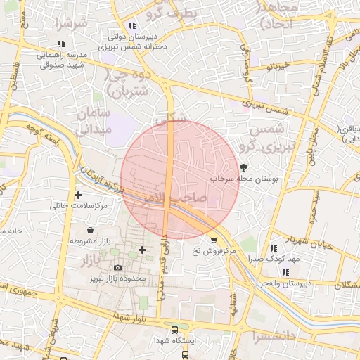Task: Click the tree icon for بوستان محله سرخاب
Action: (x=243, y=168)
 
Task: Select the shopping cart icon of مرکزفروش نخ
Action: (x=214, y=240)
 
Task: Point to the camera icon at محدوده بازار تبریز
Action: (x=117, y=267)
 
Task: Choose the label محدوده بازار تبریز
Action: (x=115, y=279)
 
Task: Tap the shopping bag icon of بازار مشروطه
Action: (x=90, y=230)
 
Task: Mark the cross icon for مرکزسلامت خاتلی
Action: (x=78, y=195)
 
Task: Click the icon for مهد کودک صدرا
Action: (x=273, y=248)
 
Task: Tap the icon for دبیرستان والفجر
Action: (x=285, y=272)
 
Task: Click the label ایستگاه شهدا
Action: (x=174, y=340)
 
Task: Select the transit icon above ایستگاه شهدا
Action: (x=174, y=330)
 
